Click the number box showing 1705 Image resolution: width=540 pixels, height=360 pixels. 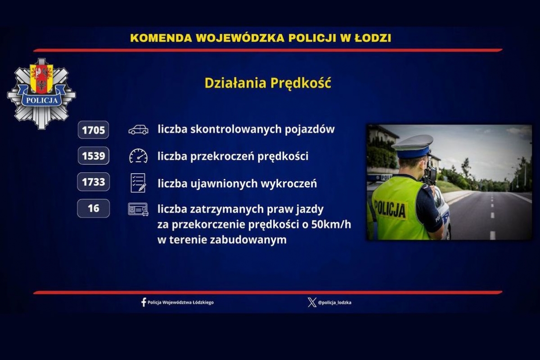[93, 130]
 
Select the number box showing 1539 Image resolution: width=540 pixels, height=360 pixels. [93, 156]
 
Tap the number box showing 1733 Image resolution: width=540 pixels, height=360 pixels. [93, 182]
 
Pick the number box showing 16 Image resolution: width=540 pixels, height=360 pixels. [93, 208]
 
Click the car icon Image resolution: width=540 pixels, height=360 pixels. [139, 130]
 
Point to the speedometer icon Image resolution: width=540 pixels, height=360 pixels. [139, 156]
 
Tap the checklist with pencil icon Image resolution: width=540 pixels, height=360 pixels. [139, 183]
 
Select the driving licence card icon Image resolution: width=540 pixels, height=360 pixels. [138, 209]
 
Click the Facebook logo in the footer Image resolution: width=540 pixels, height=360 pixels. [144, 302]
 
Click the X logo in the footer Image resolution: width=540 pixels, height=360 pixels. [312, 302]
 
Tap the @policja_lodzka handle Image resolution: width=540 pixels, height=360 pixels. [335, 302]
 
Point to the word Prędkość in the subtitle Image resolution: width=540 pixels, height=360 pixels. [301, 83]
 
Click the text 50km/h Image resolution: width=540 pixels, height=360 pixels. [331, 225]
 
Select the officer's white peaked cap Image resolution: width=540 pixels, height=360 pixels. [413, 146]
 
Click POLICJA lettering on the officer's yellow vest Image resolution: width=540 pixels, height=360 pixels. [391, 209]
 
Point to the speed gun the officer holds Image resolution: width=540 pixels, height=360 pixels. [429, 173]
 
